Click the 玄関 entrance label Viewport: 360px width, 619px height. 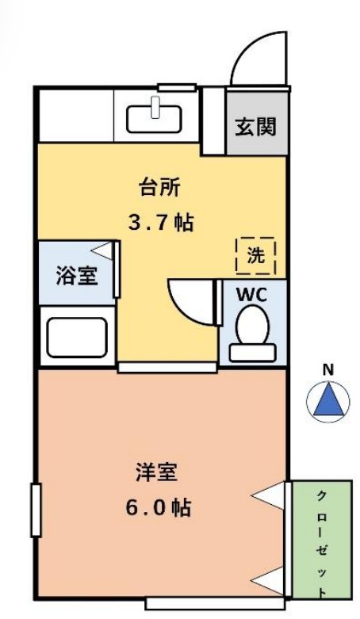[x=255, y=126]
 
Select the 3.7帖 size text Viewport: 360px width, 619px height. [x=162, y=222]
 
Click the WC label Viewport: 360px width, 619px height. [x=253, y=294]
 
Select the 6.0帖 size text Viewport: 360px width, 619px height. [x=158, y=508]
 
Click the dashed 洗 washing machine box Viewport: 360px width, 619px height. [x=255, y=255]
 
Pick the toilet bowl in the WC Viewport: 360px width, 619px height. [x=253, y=327]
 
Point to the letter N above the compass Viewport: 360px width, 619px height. [x=327, y=369]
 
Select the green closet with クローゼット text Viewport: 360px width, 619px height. [x=322, y=540]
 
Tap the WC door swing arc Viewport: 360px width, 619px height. [x=193, y=300]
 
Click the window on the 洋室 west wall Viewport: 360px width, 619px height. [x=35, y=509]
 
